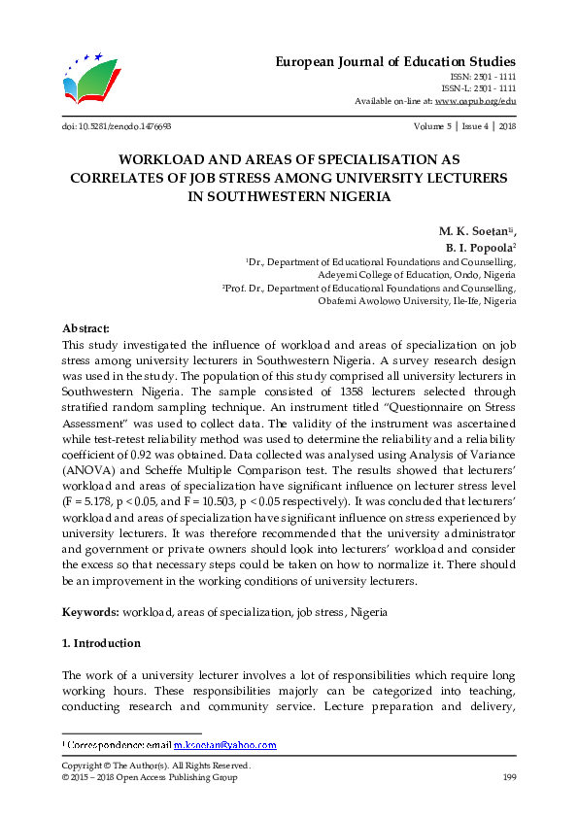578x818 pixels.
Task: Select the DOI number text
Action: (x=117, y=126)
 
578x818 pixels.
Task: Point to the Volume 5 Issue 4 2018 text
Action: (x=464, y=126)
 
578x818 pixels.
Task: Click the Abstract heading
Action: (x=85, y=328)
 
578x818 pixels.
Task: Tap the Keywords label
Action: (x=90, y=613)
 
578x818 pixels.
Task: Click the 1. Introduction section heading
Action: (x=101, y=643)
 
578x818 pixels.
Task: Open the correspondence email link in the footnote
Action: (x=224, y=745)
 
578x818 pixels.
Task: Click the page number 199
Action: (x=508, y=778)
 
